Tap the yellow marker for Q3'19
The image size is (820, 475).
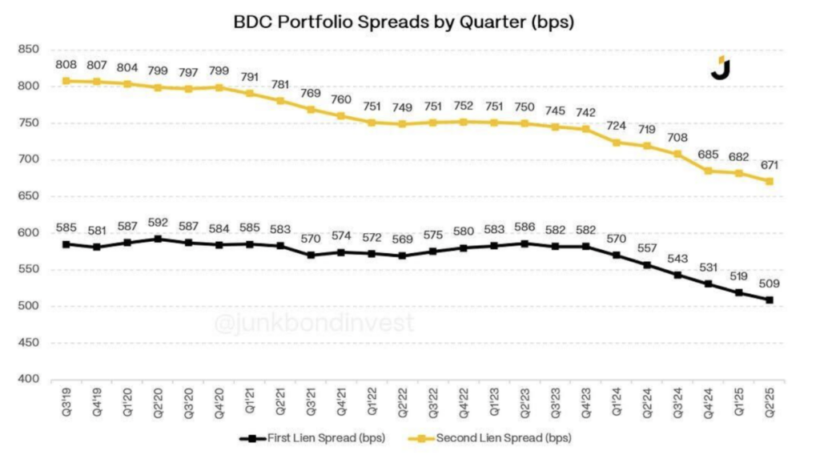point(67,81)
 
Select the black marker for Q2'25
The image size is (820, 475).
point(769,300)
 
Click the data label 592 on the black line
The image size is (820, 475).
point(159,223)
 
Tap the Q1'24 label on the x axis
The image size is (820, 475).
point(617,398)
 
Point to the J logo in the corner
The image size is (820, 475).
point(721,68)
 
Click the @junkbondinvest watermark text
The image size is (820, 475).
point(313,324)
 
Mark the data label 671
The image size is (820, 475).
point(769,165)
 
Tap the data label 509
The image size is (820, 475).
point(769,284)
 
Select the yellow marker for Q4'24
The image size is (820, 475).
point(708,171)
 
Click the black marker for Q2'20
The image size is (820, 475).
point(159,239)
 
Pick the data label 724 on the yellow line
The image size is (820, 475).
point(617,127)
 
